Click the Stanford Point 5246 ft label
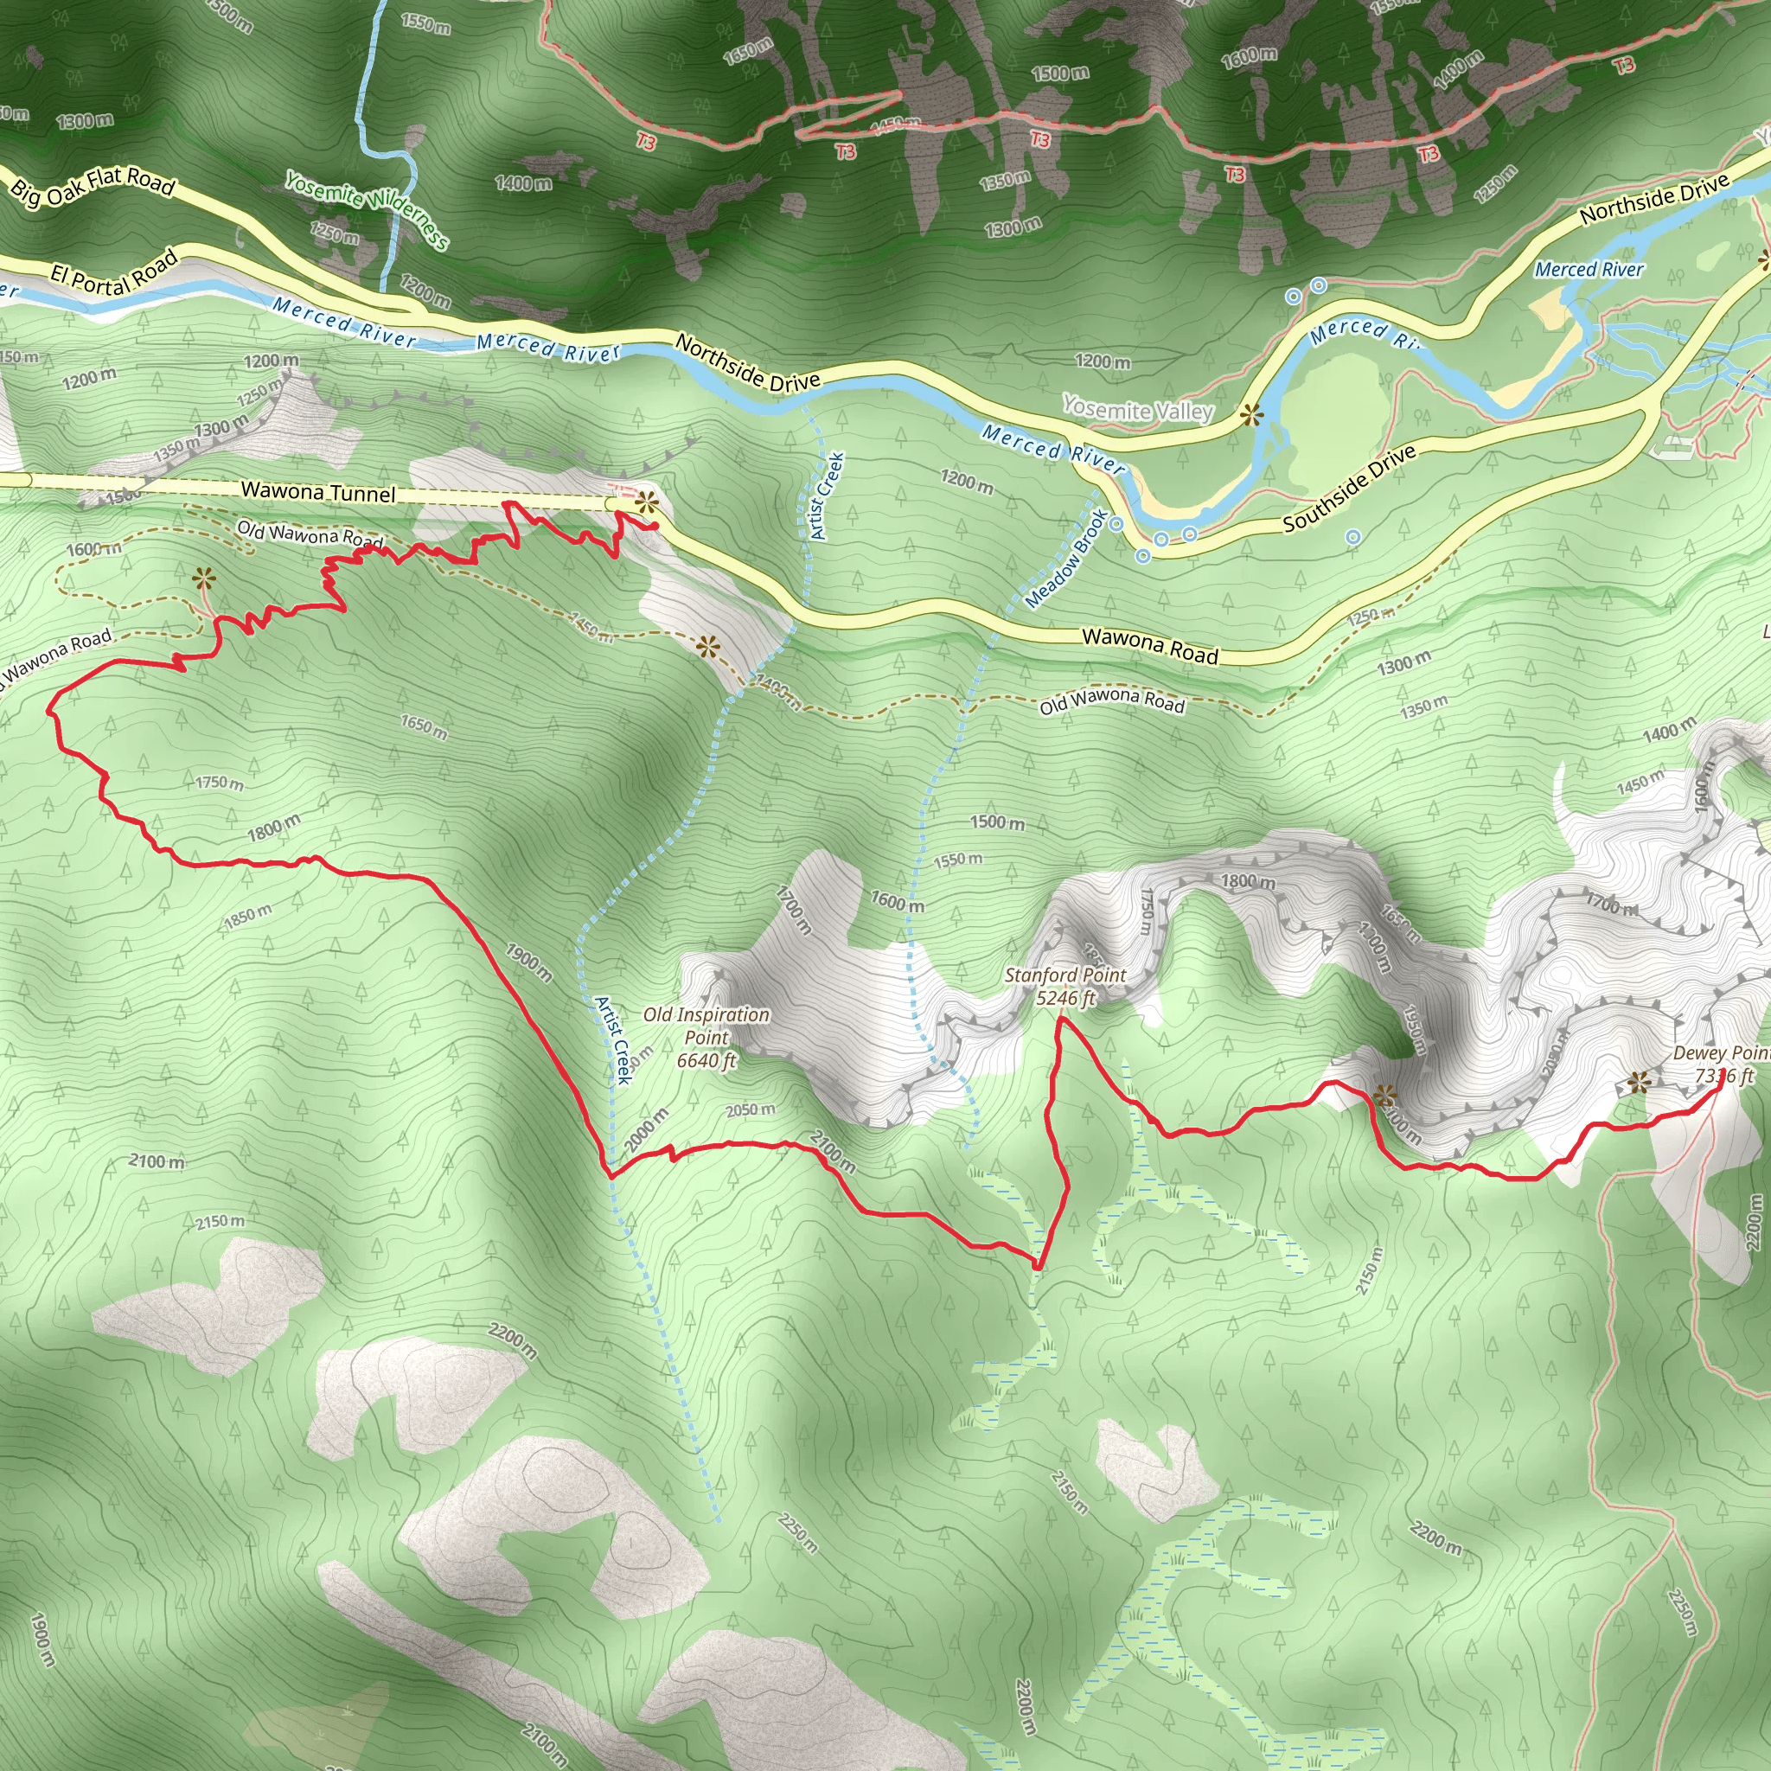[1065, 987]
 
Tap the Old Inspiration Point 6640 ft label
[706, 1037]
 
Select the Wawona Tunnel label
[318, 492]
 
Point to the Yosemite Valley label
[1138, 410]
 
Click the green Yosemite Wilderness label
[367, 210]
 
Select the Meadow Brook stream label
[1066, 559]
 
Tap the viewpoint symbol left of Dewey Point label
[1638, 1084]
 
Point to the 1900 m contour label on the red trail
[529, 963]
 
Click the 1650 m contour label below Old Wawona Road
[424, 728]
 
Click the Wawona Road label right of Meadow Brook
[1149, 645]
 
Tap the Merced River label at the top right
[1589, 270]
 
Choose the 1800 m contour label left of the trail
[273, 828]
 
